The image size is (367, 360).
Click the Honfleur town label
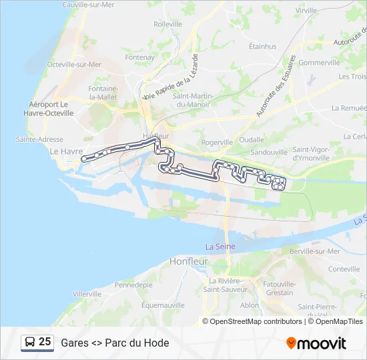coord(190,261)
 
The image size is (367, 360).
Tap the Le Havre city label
coord(67,151)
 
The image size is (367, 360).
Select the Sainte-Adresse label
coord(39,139)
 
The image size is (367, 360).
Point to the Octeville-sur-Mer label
coord(74,65)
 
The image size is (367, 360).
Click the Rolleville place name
coord(167,24)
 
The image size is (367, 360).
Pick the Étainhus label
coord(262,47)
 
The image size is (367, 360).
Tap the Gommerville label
coord(320,63)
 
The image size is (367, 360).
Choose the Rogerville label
coord(217,142)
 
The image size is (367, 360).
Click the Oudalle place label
coord(252,140)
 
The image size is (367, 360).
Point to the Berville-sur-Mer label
coord(315,251)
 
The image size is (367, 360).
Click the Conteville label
coord(344,269)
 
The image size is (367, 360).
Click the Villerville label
coord(87,293)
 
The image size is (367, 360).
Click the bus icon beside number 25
coord(30,343)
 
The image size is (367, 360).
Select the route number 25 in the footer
coord(45,342)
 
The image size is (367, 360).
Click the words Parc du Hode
coord(137,343)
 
